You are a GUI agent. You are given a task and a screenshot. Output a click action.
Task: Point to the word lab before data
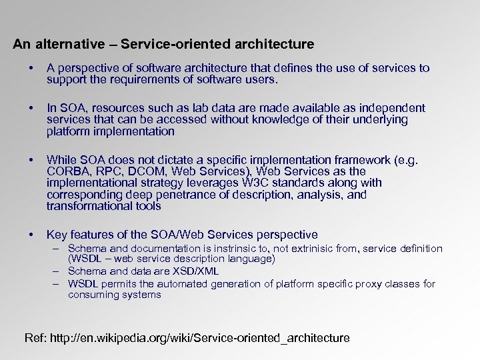193,108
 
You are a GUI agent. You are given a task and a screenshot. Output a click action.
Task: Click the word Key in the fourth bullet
57,235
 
